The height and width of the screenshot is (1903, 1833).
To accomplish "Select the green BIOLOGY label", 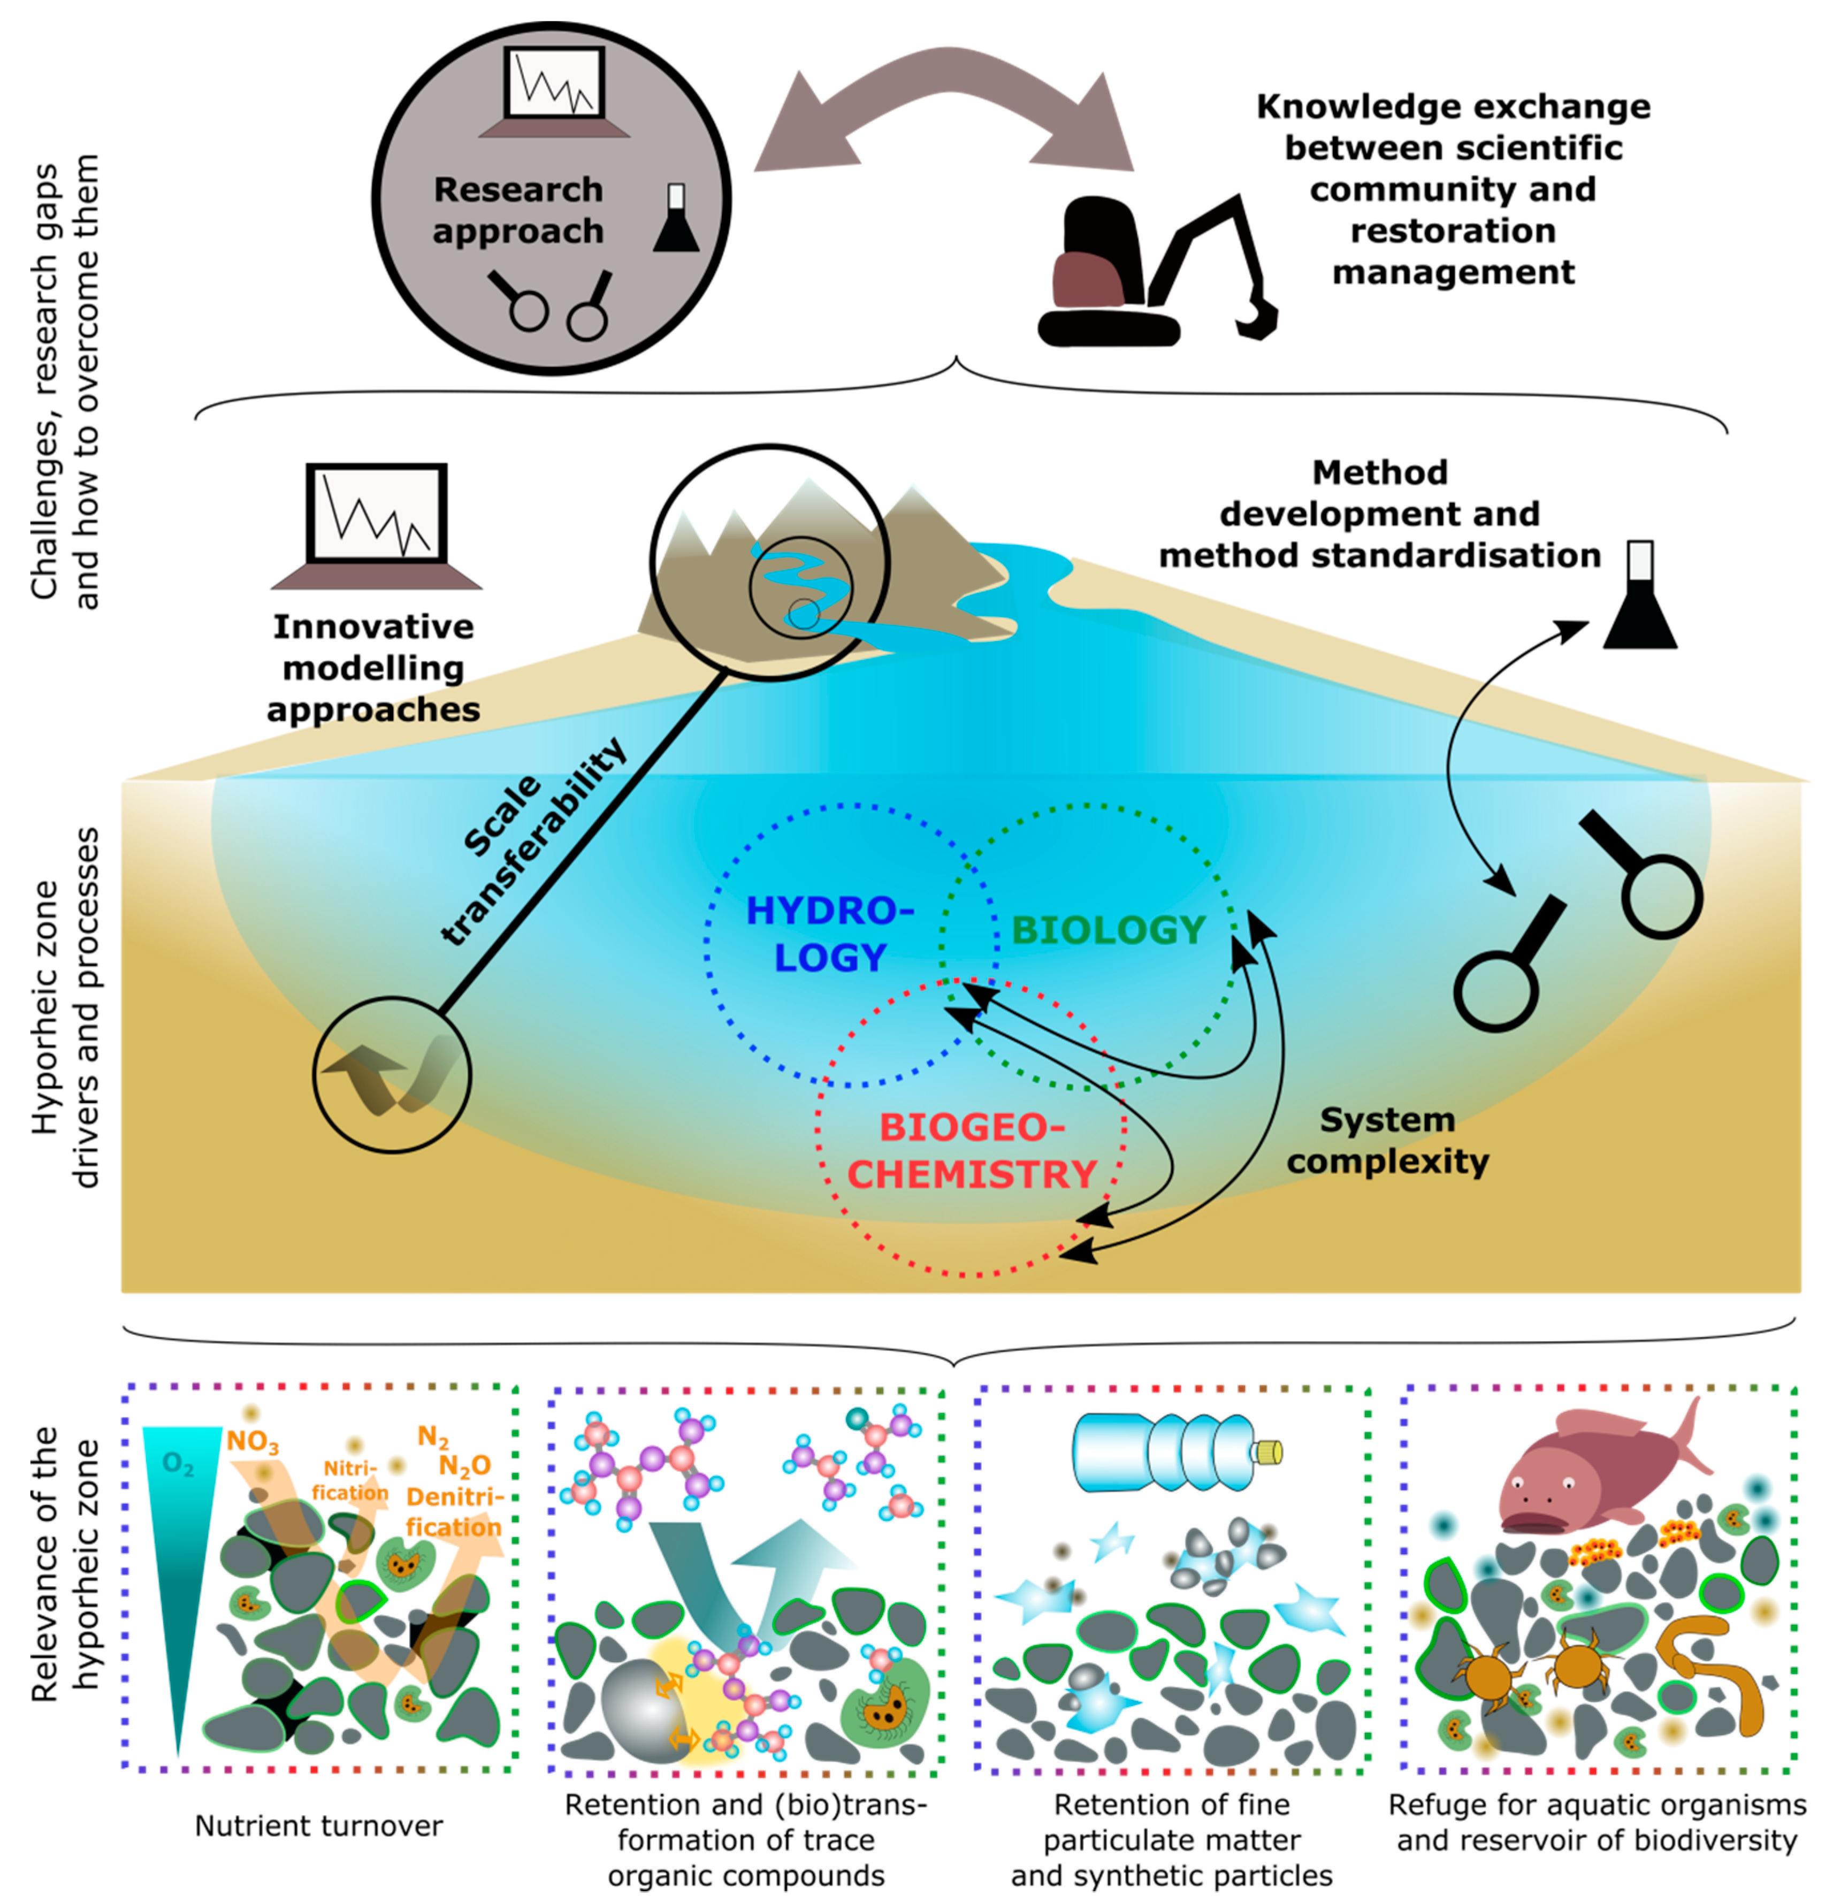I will click(1109, 930).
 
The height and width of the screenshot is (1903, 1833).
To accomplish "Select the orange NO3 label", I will click(253, 1442).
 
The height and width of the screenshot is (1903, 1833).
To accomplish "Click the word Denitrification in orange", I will click(453, 1512).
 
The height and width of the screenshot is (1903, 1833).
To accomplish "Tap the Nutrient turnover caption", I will click(318, 1825).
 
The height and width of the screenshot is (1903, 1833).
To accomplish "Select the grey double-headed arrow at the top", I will click(944, 117).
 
